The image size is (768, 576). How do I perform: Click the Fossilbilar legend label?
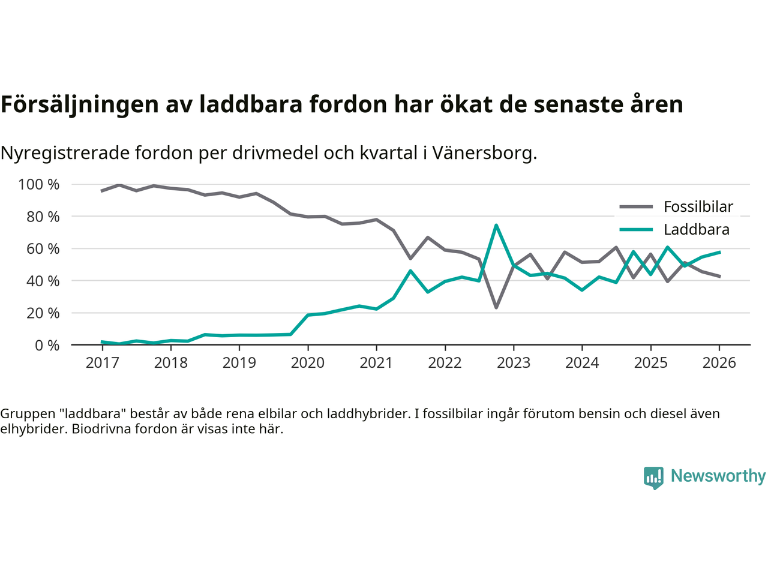pos(698,207)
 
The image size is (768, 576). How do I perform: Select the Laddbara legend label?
pos(696,230)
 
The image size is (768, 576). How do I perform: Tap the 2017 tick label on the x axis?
pos(102,363)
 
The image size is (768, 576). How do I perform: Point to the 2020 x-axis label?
pos(308,363)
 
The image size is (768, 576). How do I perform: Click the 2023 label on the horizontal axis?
pos(514,363)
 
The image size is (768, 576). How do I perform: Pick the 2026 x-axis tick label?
pos(719,363)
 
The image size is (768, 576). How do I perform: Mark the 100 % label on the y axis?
pos(39,184)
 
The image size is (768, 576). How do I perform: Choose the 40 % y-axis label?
pos(43,281)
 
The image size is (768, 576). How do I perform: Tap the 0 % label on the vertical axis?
pos(47,345)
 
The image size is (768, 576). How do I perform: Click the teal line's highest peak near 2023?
pos(496,225)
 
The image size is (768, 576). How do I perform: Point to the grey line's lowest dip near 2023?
pos(496,308)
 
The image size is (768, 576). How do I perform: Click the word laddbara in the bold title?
pos(251,104)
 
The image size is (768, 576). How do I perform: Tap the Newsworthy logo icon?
pos(653,478)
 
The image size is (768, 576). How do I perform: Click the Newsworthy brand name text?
pos(718,476)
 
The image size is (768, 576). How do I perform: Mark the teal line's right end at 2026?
pos(719,252)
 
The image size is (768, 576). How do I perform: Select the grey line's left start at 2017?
pos(102,191)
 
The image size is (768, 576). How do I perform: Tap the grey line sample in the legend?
pos(636,207)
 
